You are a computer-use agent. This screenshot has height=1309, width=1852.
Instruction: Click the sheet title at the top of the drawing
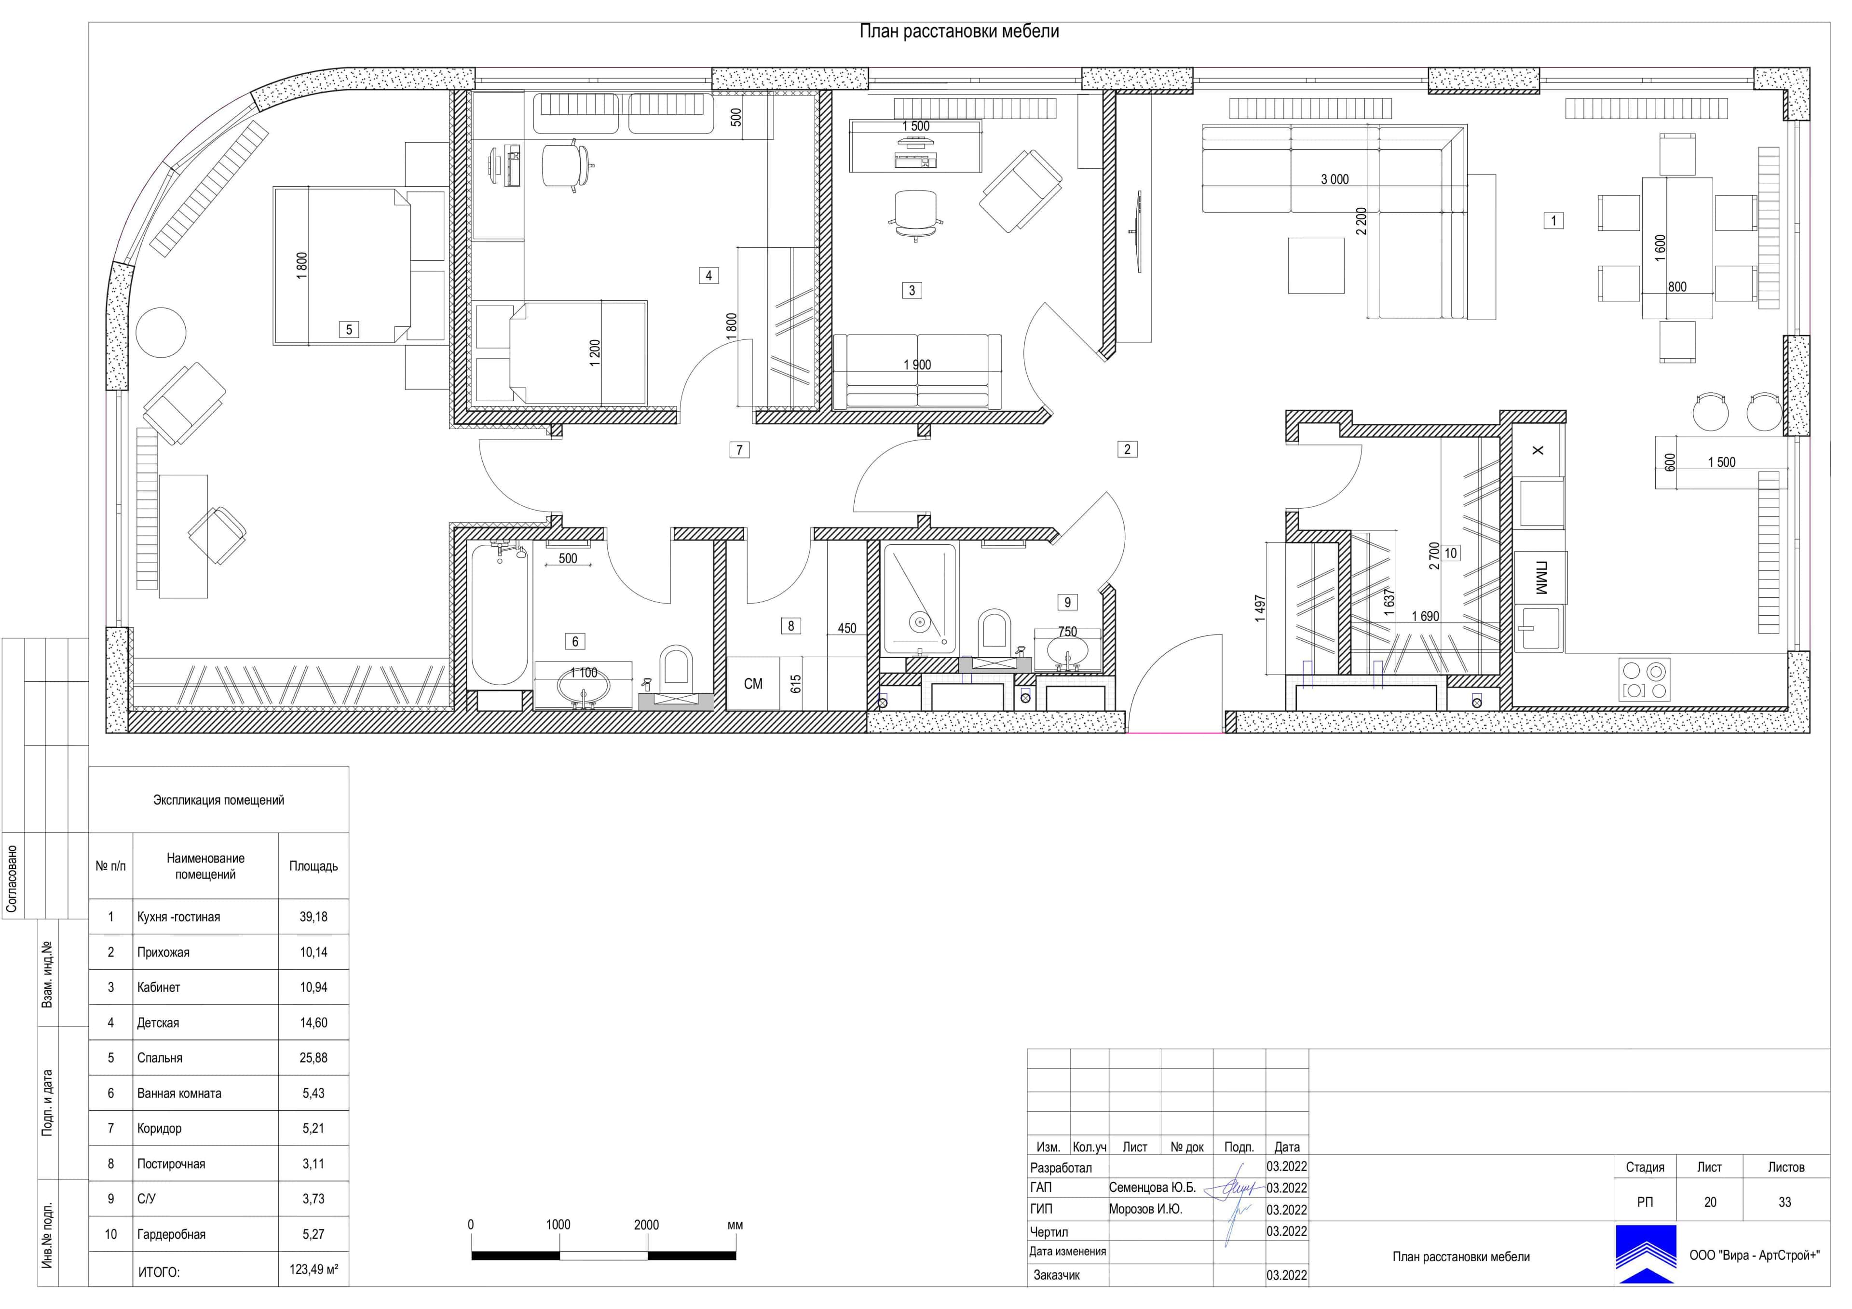tap(959, 31)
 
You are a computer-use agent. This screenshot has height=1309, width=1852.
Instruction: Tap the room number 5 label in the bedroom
tap(349, 329)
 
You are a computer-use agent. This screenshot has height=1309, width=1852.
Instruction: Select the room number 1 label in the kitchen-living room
tap(1553, 220)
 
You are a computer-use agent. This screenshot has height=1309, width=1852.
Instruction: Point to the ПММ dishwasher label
tap(1540, 578)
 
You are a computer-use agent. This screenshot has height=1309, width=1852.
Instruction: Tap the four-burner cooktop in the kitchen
tap(1645, 679)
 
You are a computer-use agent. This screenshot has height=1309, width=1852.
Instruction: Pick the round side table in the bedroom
tap(161, 332)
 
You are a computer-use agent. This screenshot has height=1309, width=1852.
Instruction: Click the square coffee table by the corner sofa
tap(1316, 265)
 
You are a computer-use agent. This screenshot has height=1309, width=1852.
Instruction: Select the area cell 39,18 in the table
tap(314, 917)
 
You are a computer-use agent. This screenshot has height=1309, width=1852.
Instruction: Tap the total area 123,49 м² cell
tap(314, 1269)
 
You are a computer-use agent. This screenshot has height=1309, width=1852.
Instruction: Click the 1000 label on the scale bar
tap(558, 1224)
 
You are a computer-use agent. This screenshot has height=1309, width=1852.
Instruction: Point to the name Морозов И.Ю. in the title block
tap(1145, 1209)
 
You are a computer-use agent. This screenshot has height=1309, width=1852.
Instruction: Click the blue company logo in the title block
tap(1646, 1254)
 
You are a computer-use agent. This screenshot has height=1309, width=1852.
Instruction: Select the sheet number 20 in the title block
tap(1710, 1202)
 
